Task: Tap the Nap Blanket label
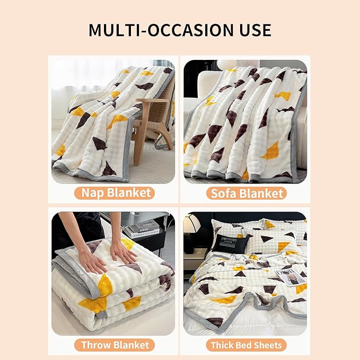[115, 192]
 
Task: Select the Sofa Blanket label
[247, 193]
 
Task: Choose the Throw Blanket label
[115, 345]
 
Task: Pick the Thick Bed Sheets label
[247, 345]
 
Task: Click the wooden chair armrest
[152, 101]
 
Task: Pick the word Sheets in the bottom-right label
[269, 345]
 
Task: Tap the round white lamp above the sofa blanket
[227, 64]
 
